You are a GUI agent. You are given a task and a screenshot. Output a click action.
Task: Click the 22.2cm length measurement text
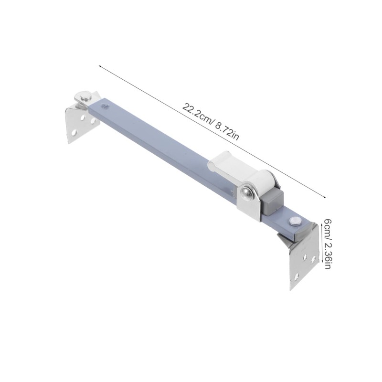coord(196,114)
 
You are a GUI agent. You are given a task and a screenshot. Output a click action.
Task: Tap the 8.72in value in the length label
coord(227,133)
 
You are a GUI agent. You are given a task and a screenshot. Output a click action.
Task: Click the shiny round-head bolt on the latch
coord(247,193)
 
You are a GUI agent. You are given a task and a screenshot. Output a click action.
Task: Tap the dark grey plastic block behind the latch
coord(272,202)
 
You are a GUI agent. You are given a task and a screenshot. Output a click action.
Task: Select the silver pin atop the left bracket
coord(85,97)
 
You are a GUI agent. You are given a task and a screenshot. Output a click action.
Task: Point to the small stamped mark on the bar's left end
coord(106,106)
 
